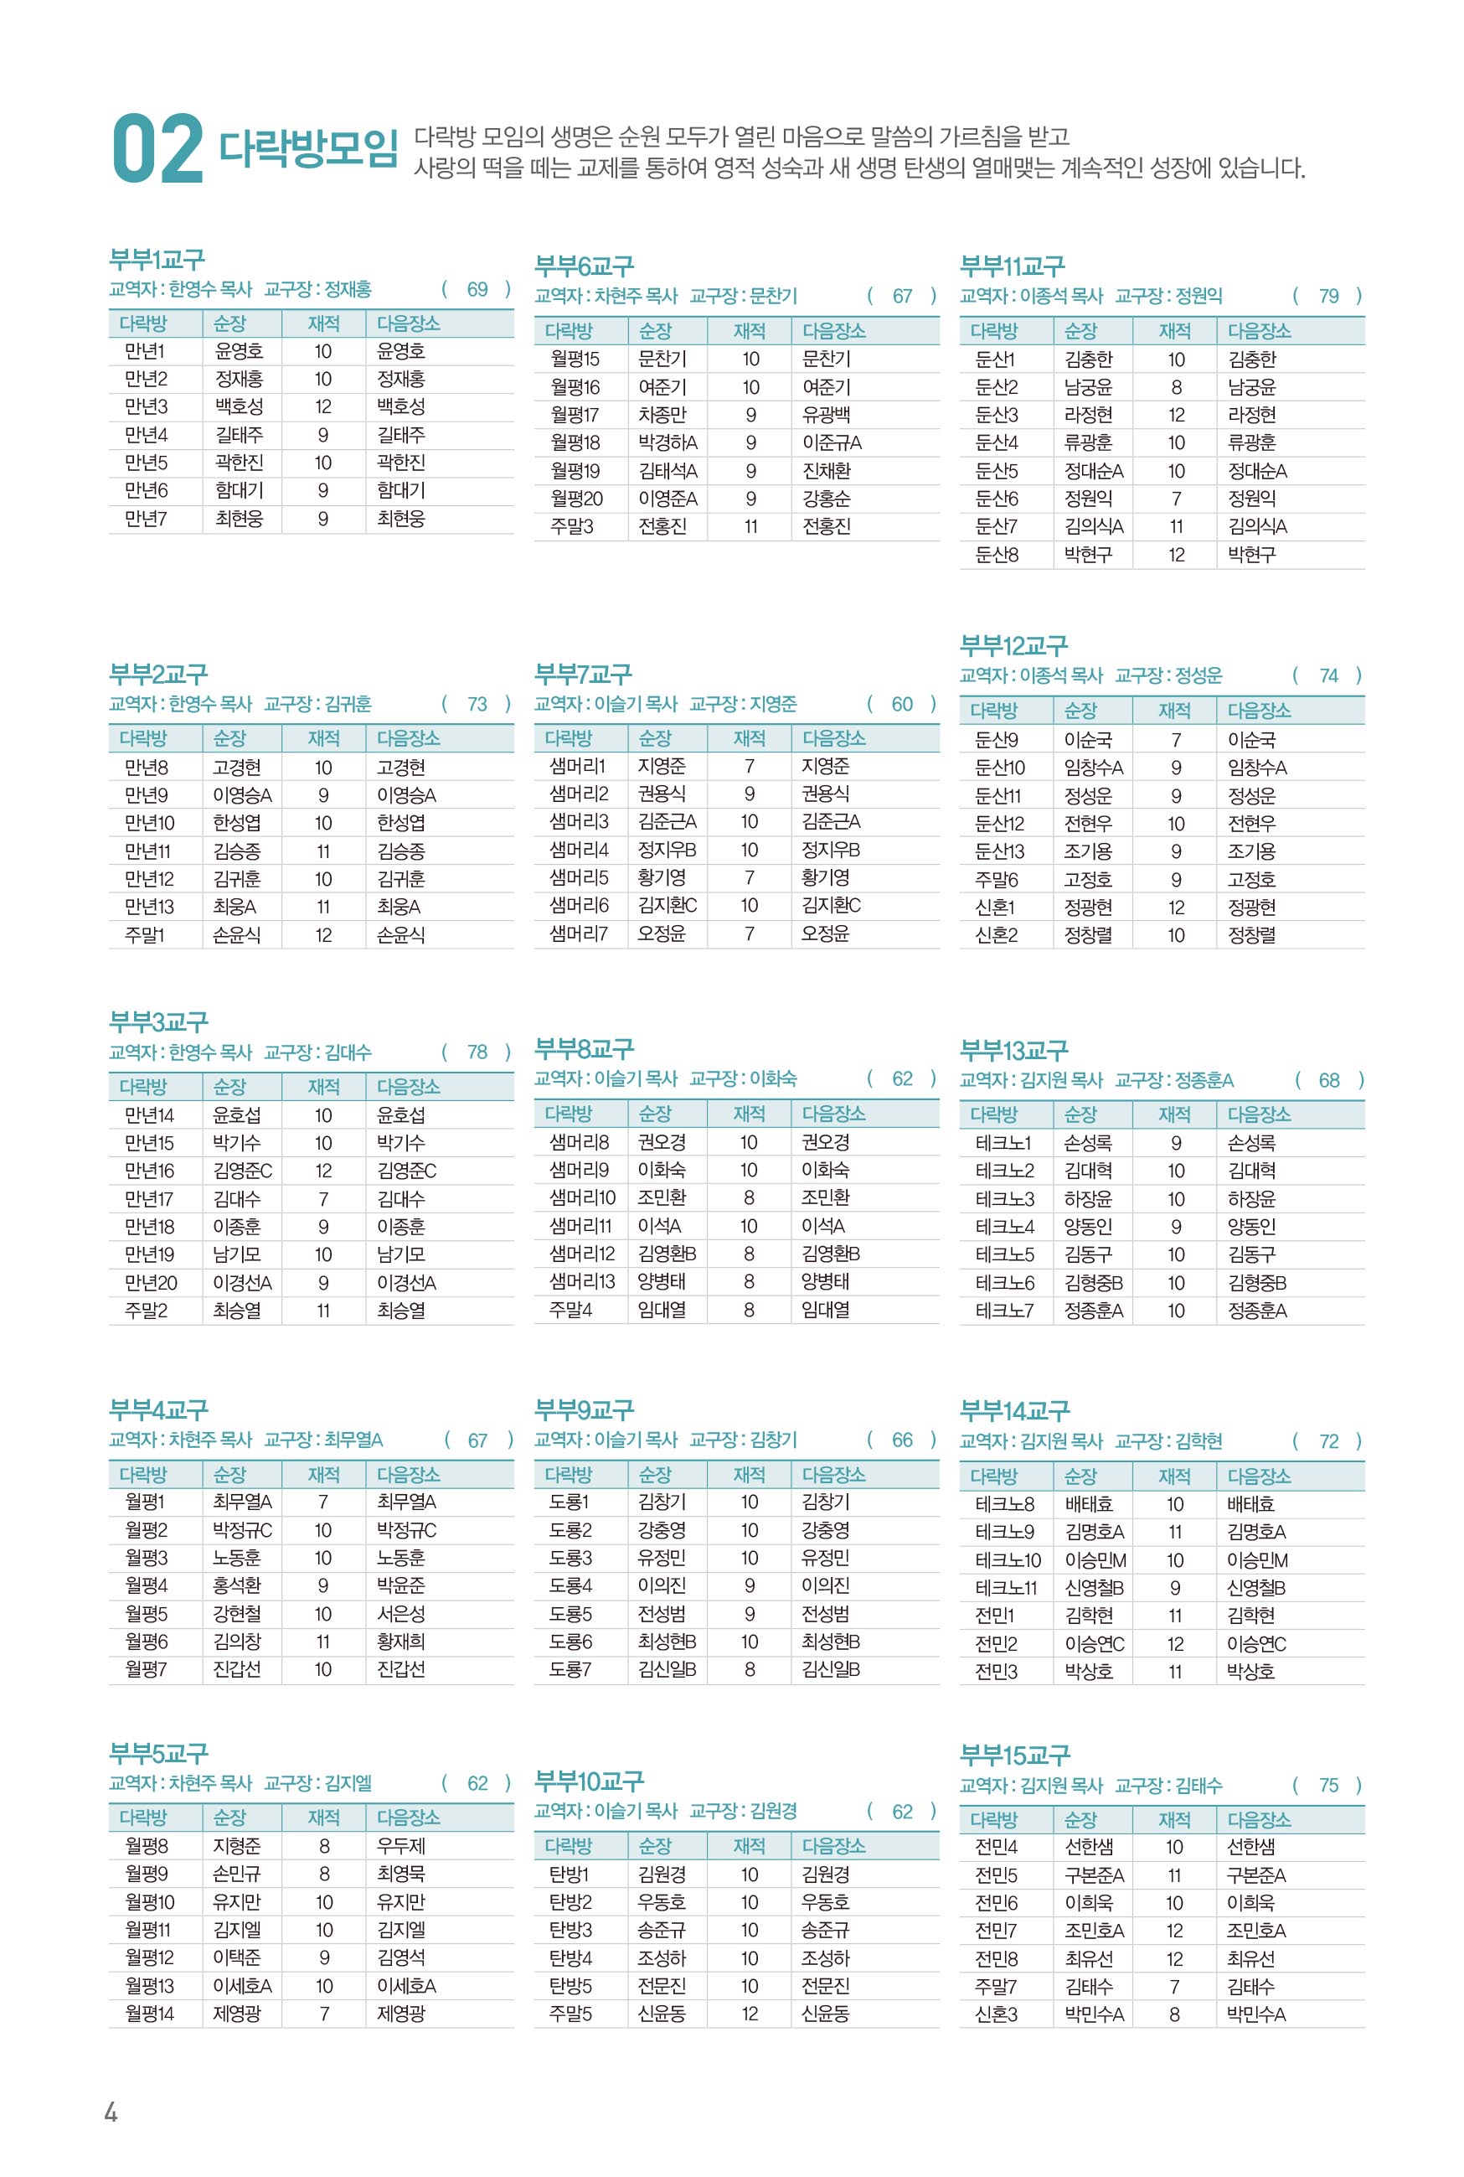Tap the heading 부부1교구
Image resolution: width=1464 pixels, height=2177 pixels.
tap(157, 259)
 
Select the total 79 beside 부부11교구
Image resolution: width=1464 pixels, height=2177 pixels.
tap(1327, 296)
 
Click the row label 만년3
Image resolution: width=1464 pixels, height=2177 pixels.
tap(146, 406)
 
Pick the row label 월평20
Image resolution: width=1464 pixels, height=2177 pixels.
tap(575, 499)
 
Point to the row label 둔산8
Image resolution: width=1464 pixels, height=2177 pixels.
tap(996, 555)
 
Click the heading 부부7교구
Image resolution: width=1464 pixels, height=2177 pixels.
tap(583, 674)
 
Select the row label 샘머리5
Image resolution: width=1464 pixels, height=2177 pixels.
tap(578, 877)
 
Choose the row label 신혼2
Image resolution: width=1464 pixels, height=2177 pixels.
tap(996, 935)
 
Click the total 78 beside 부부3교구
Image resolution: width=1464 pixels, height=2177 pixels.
tap(477, 1052)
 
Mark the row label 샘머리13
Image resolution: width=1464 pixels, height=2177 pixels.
tap(582, 1281)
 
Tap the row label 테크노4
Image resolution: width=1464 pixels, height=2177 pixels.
tap(1003, 1226)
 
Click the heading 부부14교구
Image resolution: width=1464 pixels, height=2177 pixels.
tap(1014, 1410)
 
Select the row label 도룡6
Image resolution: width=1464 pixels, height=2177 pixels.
tap(570, 1641)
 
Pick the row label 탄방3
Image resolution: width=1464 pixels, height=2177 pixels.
tap(570, 1930)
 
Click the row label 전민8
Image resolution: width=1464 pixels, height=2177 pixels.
tap(995, 1958)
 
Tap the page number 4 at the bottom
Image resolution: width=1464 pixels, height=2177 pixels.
tap(111, 2112)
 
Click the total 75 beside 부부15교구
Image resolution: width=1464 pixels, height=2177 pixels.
tap(1327, 1785)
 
